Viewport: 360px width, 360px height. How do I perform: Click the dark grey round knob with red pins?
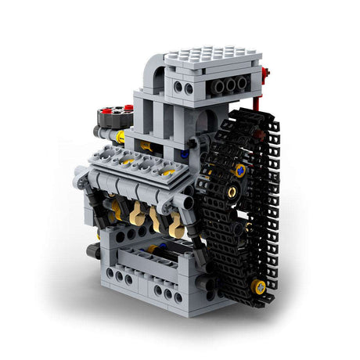click(x=113, y=119)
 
